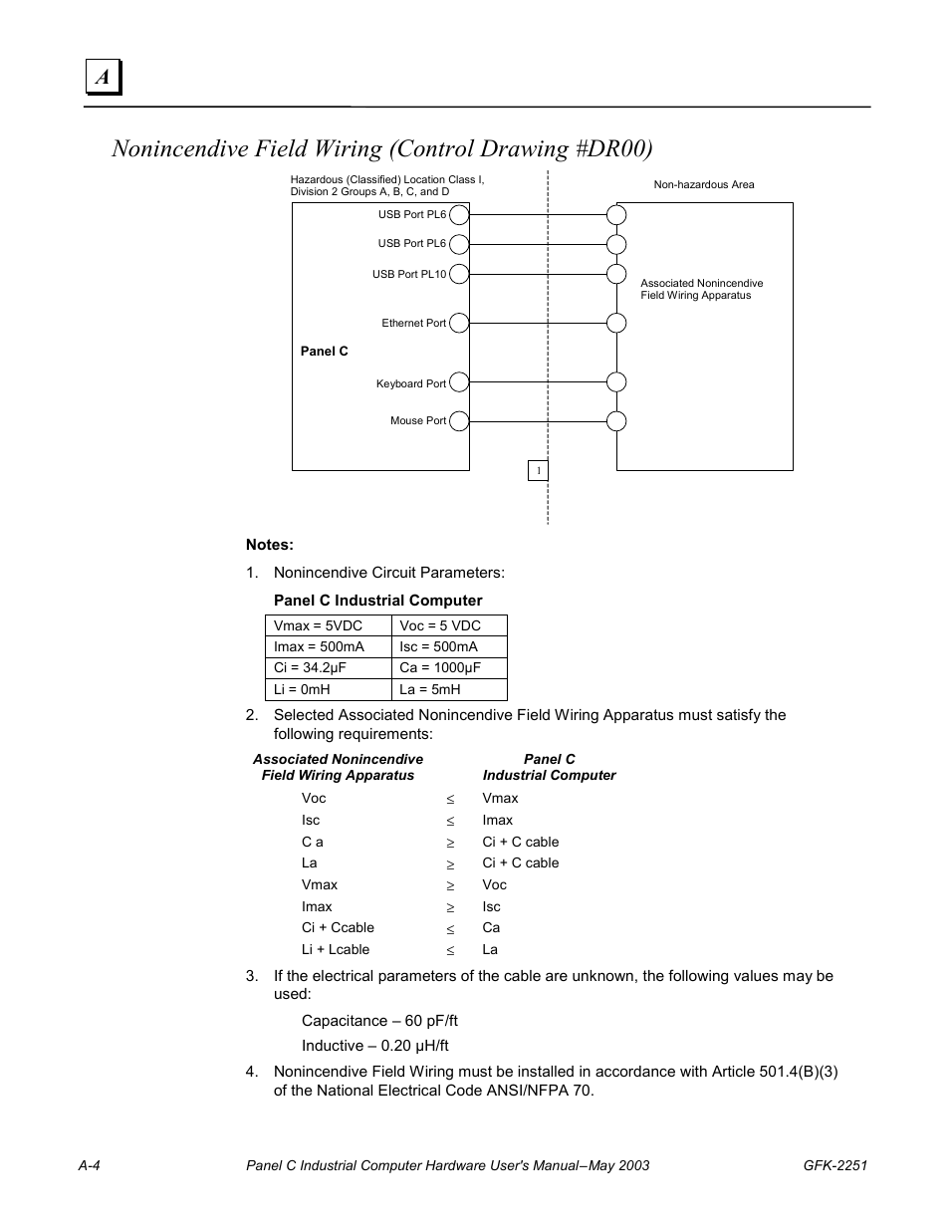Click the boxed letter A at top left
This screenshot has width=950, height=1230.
click(103, 77)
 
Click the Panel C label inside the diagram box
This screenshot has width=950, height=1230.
click(325, 351)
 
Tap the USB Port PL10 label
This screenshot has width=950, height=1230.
click(409, 274)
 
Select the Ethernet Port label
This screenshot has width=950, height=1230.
click(414, 323)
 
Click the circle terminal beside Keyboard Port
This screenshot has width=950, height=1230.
click(459, 382)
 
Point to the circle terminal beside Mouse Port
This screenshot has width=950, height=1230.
click(459, 421)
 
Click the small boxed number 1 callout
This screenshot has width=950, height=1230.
click(538, 470)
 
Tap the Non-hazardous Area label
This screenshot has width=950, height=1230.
click(703, 184)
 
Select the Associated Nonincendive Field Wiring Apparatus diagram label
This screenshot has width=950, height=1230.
click(701, 289)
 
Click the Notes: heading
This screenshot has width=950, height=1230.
click(270, 545)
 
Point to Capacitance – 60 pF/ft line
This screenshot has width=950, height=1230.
click(379, 1020)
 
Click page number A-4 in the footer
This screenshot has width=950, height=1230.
click(90, 1165)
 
